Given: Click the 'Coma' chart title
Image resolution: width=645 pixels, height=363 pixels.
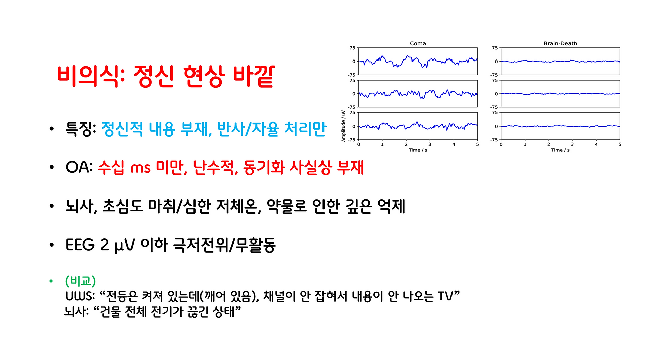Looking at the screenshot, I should (418, 43).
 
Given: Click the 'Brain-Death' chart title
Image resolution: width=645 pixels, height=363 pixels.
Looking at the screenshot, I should (560, 43).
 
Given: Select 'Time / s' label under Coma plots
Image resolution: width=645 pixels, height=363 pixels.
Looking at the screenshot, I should (418, 150).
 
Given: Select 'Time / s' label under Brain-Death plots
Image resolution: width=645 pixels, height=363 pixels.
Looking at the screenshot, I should (560, 150).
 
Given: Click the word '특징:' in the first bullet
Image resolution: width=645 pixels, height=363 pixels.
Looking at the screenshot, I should (81, 130).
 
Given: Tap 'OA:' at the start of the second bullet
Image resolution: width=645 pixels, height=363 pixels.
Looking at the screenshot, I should (79, 168).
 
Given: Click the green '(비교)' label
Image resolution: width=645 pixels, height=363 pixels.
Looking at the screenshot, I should (81, 280).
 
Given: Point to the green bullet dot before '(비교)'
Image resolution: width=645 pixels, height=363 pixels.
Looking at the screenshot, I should (51, 281).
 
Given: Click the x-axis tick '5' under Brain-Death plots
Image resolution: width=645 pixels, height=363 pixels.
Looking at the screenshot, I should (620, 144).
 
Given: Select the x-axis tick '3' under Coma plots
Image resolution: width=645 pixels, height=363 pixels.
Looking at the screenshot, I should (430, 144).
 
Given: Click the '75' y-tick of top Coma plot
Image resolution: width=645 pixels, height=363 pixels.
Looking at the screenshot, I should (353, 48).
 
